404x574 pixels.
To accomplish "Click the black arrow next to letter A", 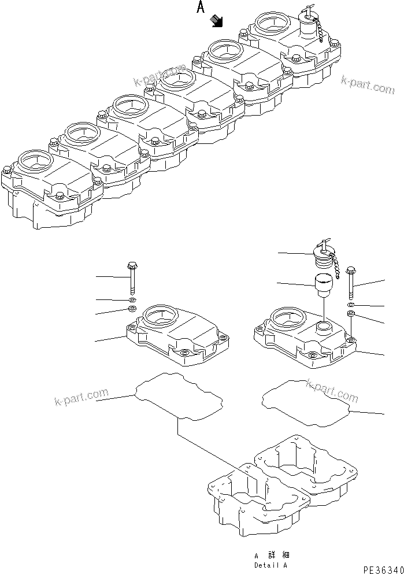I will (x=218, y=21).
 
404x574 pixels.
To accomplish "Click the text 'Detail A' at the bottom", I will (x=270, y=565).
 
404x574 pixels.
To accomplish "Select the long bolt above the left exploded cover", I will (x=131, y=278).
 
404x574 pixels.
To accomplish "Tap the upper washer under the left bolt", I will (x=132, y=301).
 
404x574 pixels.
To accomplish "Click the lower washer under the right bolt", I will (x=351, y=314).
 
